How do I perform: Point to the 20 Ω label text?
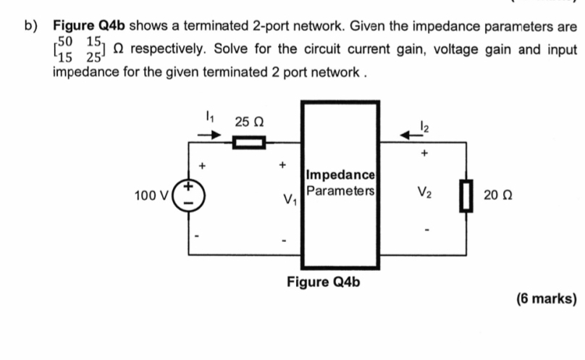498,196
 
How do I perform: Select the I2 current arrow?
413,133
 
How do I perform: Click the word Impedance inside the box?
340,175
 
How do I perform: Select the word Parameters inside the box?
340,191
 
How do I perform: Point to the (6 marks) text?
547,298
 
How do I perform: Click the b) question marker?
30,27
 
